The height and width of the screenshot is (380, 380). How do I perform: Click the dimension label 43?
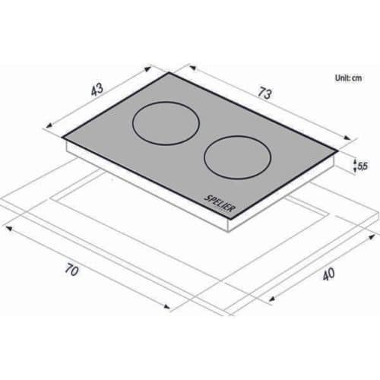click(97, 90)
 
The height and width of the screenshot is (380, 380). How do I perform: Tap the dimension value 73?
click(264, 94)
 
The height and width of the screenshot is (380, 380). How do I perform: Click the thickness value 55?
click(363, 165)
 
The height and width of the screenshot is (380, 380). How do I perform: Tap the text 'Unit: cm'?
click(348, 78)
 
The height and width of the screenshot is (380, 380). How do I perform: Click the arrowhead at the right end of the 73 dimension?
click(353, 139)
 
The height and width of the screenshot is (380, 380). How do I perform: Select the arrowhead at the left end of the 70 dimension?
click(6, 226)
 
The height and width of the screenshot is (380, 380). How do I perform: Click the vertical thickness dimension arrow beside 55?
click(355, 165)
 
